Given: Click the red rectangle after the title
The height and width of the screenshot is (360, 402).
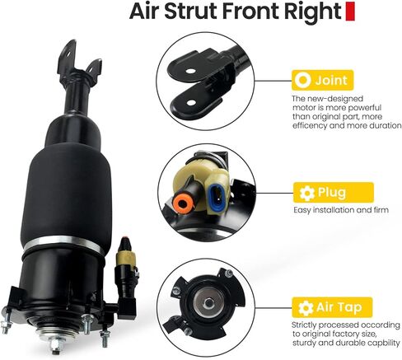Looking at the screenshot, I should coord(349,12).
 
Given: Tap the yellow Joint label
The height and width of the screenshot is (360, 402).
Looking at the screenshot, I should coord(325,80).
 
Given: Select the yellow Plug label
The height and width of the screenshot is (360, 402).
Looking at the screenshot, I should coord(324,193).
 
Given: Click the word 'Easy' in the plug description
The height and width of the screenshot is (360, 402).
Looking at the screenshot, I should coord(303,210).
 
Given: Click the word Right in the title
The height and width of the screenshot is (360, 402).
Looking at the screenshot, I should coord(311,14).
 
